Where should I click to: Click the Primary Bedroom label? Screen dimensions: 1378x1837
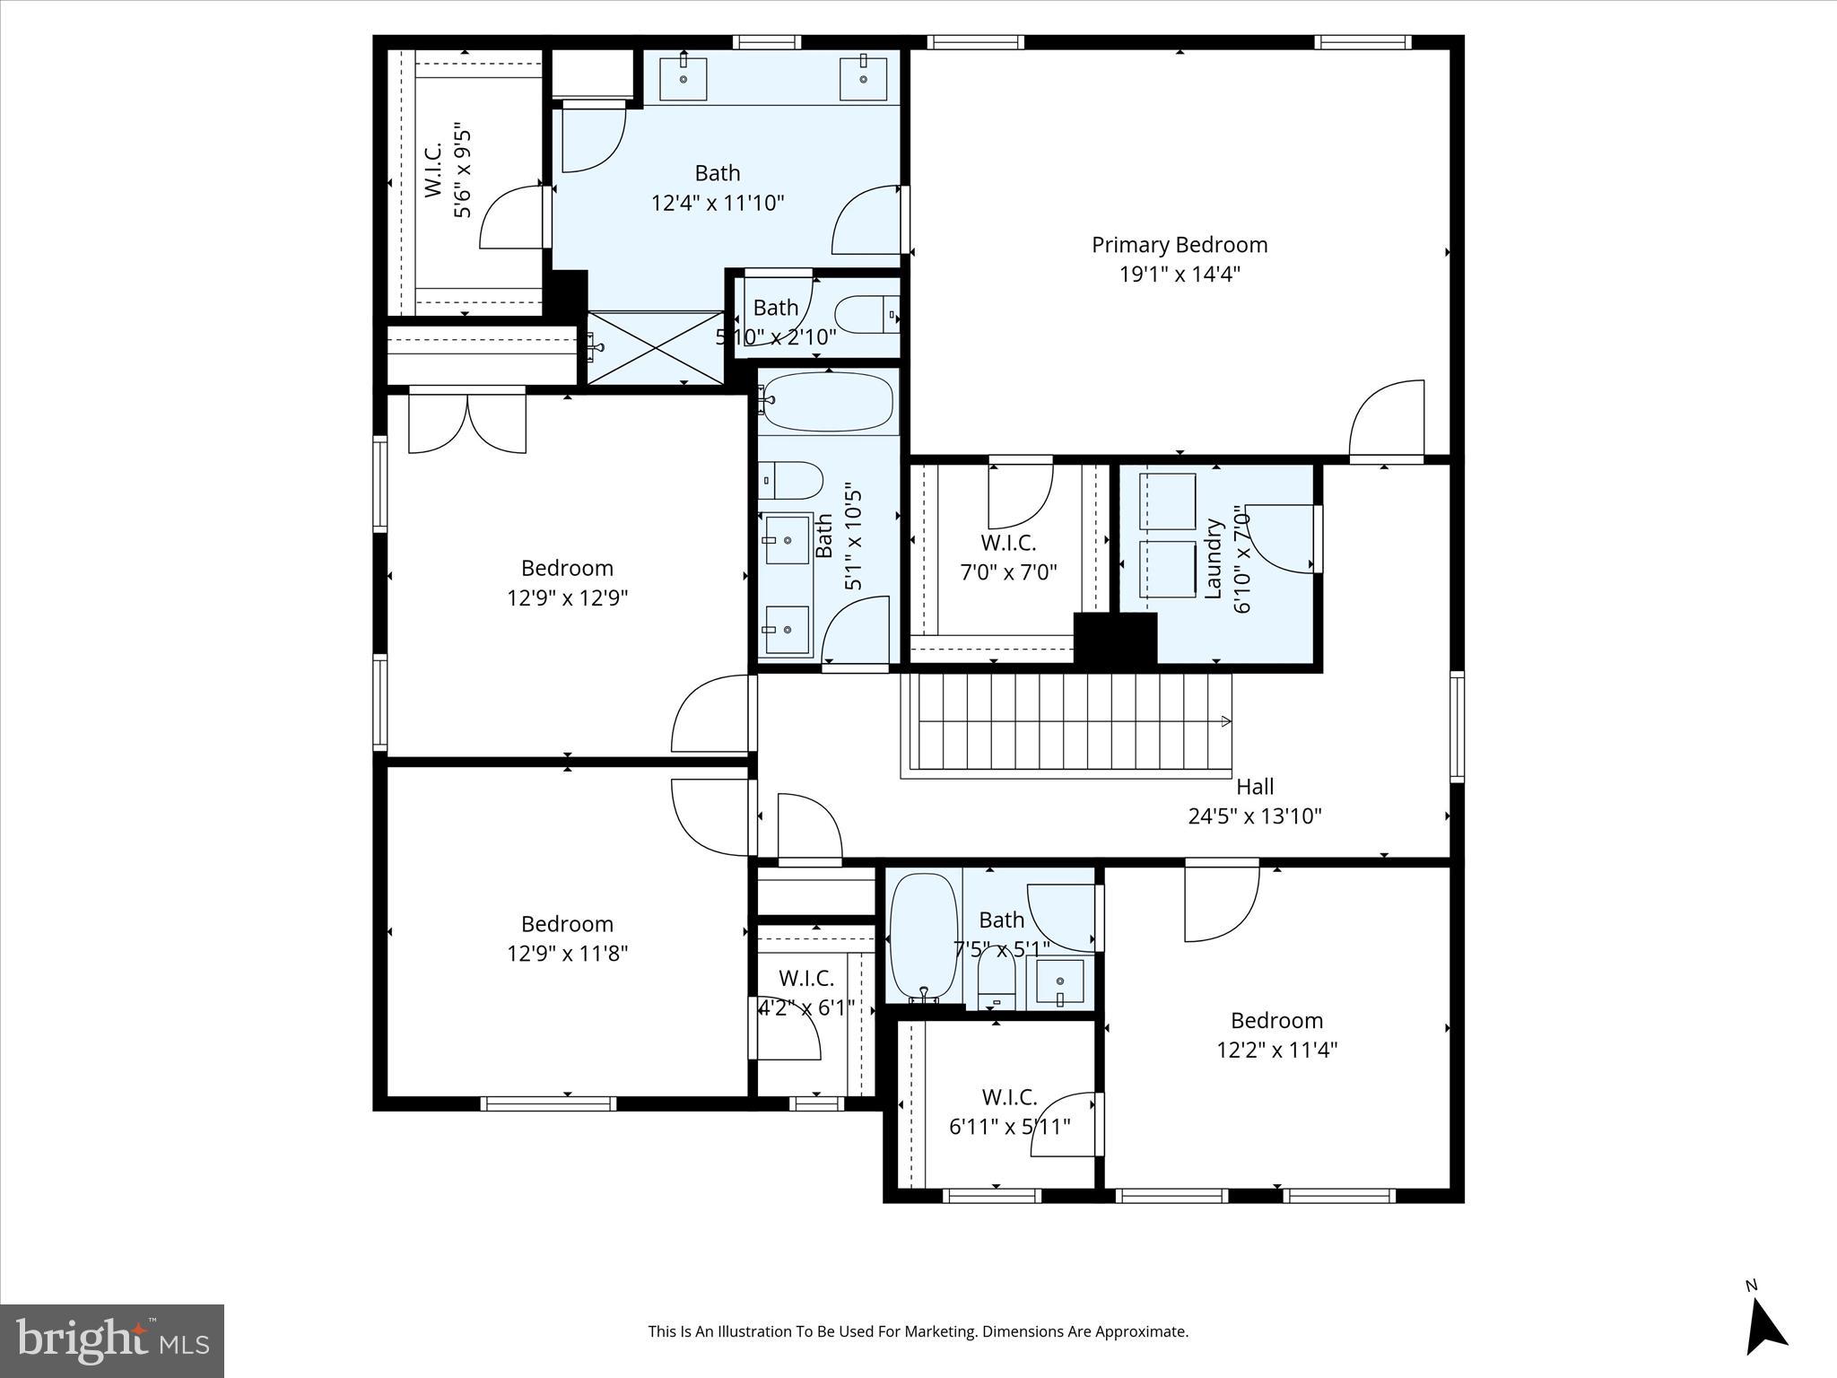coord(1179,245)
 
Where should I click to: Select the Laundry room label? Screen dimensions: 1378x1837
coord(1213,558)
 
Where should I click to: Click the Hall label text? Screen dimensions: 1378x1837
coord(1254,787)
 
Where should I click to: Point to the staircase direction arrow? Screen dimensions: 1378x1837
coord(1225,721)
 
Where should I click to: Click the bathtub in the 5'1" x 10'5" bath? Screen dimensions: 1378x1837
coord(829,402)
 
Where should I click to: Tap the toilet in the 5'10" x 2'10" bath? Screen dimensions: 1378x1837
coord(866,314)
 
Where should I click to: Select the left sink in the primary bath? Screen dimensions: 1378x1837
coord(683,79)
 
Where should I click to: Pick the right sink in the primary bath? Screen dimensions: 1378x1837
coord(863,79)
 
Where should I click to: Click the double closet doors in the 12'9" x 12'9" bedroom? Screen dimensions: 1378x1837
coord(467,424)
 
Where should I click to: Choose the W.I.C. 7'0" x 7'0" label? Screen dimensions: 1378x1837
coord(1008,543)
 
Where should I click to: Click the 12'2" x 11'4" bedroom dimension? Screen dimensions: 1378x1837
coord(1276,1050)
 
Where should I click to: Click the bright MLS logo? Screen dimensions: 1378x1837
coord(112,1340)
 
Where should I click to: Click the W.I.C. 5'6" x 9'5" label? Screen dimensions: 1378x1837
coord(433,170)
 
